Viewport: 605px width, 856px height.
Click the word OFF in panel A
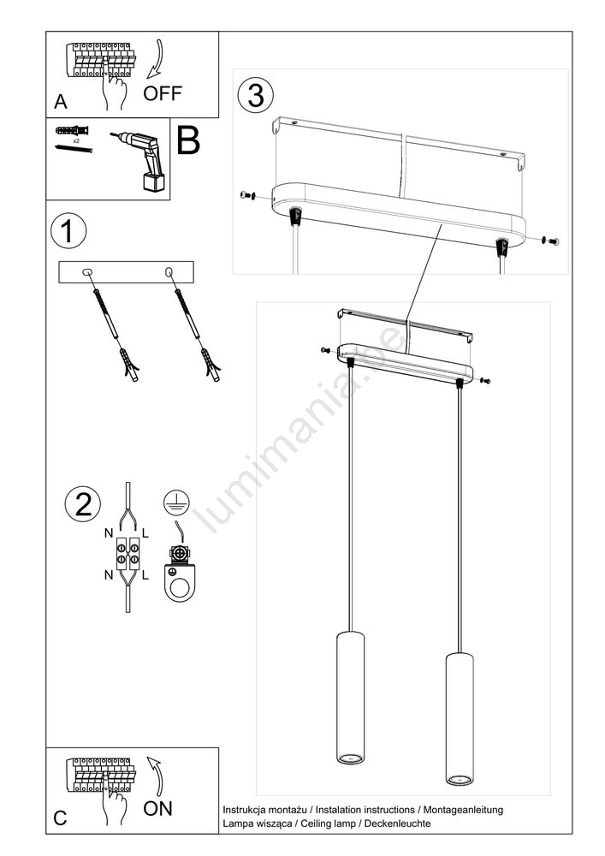(x=162, y=93)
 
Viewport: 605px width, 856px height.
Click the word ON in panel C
(x=157, y=809)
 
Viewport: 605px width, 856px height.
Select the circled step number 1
(x=68, y=231)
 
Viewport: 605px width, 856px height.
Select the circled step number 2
(x=83, y=504)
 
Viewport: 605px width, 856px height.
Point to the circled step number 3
(x=255, y=95)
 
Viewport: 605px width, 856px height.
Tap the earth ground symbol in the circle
(x=176, y=502)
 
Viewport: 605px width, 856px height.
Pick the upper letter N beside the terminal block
(x=110, y=532)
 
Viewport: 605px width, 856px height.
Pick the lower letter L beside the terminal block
(x=145, y=575)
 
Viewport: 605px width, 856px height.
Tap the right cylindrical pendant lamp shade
(x=460, y=718)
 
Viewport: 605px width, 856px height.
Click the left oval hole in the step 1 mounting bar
(x=86, y=271)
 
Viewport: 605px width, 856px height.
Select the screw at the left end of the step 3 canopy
(x=248, y=195)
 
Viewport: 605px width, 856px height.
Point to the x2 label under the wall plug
(x=76, y=140)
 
